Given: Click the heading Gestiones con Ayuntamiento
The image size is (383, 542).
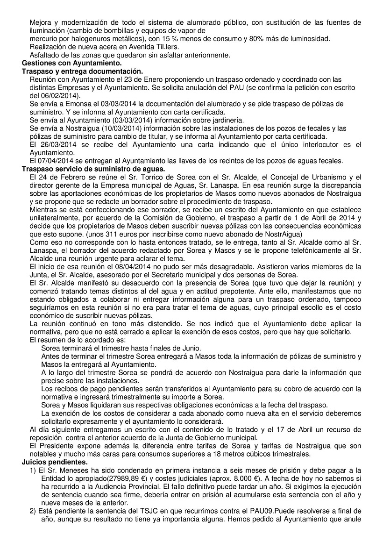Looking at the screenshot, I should click(72, 63).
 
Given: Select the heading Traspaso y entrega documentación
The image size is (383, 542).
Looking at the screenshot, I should click(82, 71).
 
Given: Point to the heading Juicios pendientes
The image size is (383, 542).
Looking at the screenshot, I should click(54, 462).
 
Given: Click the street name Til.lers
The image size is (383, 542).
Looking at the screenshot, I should click(166, 47).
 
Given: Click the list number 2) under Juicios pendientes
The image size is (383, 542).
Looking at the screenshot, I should click(33, 510).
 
